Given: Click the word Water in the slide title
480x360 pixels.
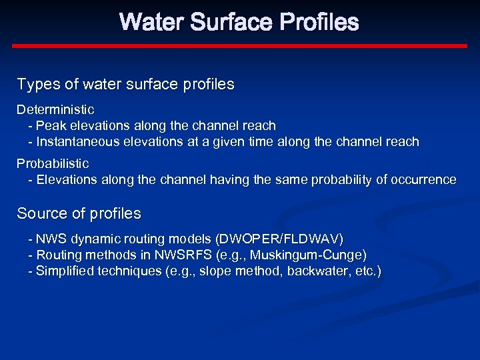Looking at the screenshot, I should [153, 23].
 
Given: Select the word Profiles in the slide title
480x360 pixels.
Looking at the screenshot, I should [319, 23].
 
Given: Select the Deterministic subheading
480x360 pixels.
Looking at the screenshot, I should [55, 109].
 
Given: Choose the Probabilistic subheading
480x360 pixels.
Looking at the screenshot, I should [53, 163].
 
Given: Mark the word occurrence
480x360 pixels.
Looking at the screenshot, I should [425, 179].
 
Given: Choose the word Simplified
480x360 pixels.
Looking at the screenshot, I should [65, 271].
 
